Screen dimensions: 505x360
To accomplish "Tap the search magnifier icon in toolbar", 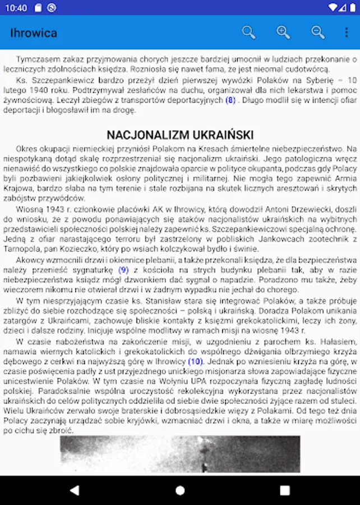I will (248, 33).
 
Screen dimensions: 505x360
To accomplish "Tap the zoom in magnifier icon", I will (283, 33).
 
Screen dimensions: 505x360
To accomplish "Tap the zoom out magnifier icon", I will (318, 33).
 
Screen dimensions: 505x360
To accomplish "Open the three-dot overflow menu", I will (346, 33).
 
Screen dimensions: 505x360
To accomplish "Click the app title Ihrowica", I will (34, 33).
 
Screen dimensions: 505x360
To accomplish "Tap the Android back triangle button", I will (74, 490).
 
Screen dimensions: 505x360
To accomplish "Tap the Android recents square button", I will (285, 490).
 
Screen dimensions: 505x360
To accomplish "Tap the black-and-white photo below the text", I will (179, 454).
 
